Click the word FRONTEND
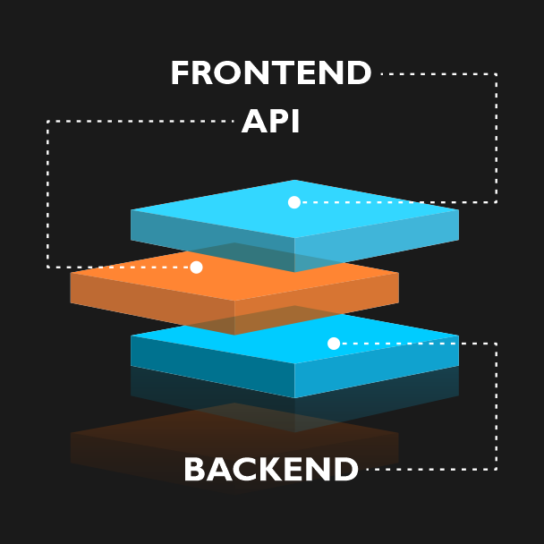coord(271,72)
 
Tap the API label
coord(270,121)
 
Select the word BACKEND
coord(271,469)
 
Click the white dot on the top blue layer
coord(294,202)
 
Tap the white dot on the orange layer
coord(196,268)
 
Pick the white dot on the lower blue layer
coord(334,344)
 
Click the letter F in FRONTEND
coord(179,72)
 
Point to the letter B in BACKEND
coord(193,469)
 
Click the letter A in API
coord(254,121)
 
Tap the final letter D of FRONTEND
coord(360,72)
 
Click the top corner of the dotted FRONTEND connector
coord(497,74)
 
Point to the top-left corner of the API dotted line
coord(47,122)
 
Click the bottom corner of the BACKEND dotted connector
coord(497,470)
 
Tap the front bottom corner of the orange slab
coord(234,335)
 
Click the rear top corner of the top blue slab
coord(294,180)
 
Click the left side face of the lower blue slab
coord(212,366)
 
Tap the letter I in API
coord(295,121)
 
